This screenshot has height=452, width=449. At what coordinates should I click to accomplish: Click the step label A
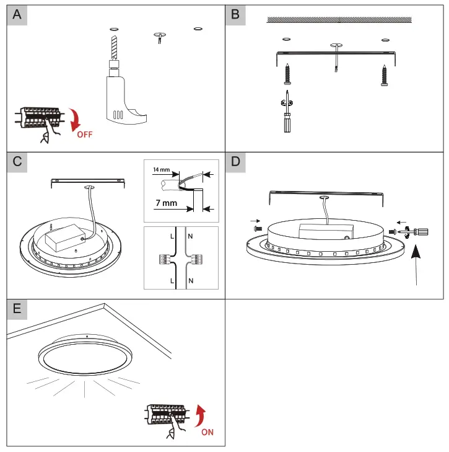[17, 15]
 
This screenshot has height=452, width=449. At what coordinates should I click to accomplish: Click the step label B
[235, 15]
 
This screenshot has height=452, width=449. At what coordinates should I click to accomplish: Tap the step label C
[17, 162]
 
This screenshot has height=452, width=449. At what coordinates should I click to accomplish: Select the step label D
[235, 162]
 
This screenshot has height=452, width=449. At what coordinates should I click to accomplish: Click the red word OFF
[84, 135]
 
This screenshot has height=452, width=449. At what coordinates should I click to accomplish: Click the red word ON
[207, 432]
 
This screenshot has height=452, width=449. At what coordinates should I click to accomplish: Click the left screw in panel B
[286, 75]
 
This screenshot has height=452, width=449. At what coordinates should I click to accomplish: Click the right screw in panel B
[385, 75]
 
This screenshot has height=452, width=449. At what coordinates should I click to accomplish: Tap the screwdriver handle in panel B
[286, 125]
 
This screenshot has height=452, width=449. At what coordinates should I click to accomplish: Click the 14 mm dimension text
[160, 168]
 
